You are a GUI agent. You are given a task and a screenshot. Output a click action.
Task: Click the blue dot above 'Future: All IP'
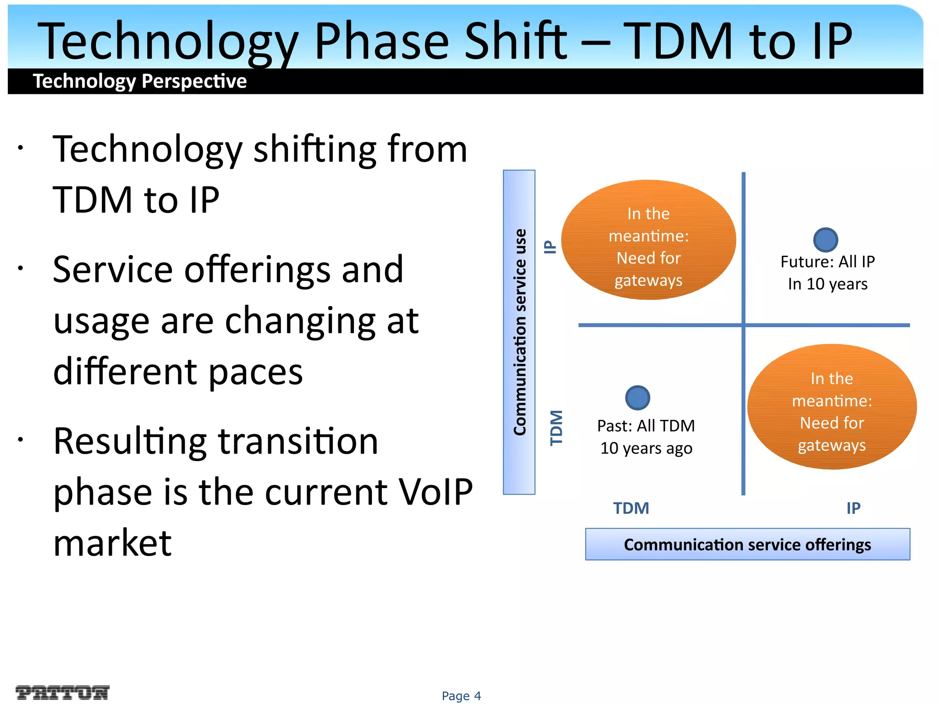825,240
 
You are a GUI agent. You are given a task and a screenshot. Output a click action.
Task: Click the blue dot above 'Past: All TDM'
637,398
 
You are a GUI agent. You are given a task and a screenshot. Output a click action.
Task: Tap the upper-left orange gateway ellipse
648,240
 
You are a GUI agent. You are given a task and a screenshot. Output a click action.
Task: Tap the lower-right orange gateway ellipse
832,407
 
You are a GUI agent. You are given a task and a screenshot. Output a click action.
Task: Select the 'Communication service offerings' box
747,544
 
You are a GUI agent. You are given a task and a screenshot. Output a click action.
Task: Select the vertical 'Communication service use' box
519,332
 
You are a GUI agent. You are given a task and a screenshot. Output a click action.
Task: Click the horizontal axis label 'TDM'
631,508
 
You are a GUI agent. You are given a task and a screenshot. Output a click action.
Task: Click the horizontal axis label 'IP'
853,508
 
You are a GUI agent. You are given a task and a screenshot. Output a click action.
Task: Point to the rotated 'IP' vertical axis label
550,247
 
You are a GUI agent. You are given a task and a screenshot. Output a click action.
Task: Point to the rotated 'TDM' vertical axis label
556,428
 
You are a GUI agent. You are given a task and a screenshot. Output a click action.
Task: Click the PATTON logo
62,693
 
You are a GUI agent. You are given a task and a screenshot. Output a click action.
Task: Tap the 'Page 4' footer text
461,696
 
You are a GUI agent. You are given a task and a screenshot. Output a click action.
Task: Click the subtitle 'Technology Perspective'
140,81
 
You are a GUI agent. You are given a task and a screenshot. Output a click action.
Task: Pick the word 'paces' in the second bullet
256,372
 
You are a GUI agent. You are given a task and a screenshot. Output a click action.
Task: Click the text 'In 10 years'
828,284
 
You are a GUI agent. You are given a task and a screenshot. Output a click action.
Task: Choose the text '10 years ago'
646,448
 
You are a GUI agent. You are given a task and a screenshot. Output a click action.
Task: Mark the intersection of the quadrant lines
743,325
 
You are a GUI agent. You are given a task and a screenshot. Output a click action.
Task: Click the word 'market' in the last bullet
112,543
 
